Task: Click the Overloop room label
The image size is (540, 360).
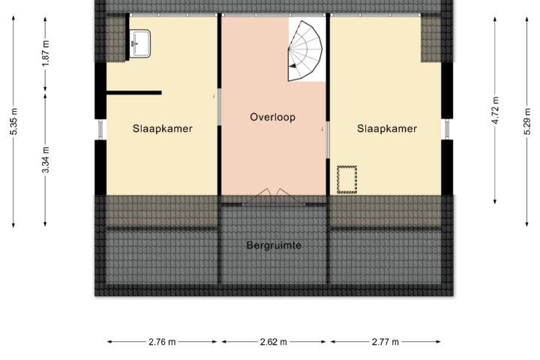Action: coord(272,117)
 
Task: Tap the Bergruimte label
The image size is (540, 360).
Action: coord(274,245)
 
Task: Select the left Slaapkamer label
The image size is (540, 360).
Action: coord(163,129)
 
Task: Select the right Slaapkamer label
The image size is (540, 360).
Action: coord(387,129)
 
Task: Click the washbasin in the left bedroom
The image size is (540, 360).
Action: coord(139,43)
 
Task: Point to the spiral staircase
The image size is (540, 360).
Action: coord(305,51)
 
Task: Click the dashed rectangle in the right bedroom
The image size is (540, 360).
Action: coord(346,179)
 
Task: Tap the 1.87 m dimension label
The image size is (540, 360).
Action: coord(46,52)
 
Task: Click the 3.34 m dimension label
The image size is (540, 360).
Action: coord(46,160)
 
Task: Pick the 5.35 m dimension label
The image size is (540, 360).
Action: coord(13,121)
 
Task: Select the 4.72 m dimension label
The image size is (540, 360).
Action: coord(495,110)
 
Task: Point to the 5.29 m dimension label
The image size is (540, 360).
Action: coord(527,121)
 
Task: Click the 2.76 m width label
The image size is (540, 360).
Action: coord(162,342)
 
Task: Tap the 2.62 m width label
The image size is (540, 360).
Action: coord(274,342)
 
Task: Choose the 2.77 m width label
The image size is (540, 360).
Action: coord(385,342)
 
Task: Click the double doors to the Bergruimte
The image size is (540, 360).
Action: coord(274,197)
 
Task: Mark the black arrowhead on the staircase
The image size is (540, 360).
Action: coord(292,66)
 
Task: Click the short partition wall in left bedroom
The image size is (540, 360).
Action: coord(134,93)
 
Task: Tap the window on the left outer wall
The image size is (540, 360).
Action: coord(100,130)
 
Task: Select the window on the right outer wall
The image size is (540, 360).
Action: coord(447,130)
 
